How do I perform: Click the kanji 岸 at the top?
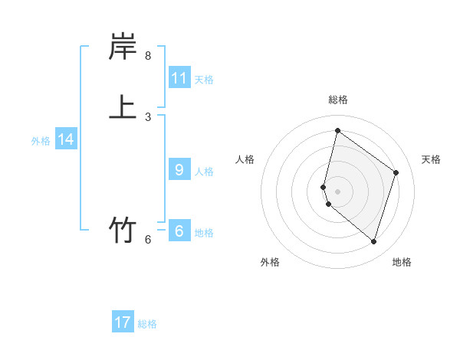[x=123, y=47]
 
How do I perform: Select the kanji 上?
[x=123, y=106]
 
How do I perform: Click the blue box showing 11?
[x=179, y=78]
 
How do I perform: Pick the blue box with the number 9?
[x=179, y=170]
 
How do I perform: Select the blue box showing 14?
[x=66, y=139]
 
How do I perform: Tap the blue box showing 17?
[x=123, y=322]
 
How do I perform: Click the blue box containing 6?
[x=179, y=231]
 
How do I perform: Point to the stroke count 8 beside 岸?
[x=148, y=56]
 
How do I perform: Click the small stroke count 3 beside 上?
[x=148, y=117]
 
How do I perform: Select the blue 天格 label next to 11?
[x=204, y=79]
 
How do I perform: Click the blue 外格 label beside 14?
[x=41, y=141]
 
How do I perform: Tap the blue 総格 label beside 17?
[x=147, y=324]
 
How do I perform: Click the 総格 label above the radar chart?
[x=338, y=100]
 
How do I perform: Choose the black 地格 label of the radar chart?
[x=402, y=262]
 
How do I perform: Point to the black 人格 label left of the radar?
[x=245, y=159]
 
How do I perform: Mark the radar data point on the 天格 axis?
[x=396, y=172]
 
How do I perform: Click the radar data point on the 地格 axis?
[x=373, y=242]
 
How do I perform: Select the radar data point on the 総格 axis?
[x=337, y=130]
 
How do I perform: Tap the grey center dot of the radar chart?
[x=337, y=191]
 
